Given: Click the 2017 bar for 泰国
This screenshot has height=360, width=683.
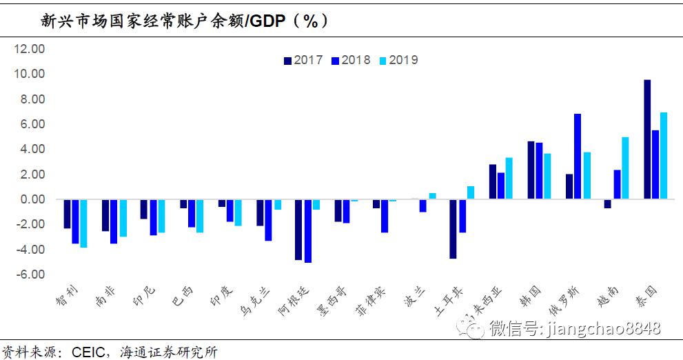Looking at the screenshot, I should pyautogui.click(x=647, y=139).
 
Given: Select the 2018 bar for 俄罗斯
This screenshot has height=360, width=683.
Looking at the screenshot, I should pyautogui.click(x=578, y=157).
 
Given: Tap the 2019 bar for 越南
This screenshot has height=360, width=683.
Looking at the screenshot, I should pyautogui.click(x=624, y=168).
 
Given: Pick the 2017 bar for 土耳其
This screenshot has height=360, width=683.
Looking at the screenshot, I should pyautogui.click(x=453, y=229).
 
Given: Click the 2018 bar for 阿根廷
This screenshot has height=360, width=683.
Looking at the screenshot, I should pyautogui.click(x=307, y=231).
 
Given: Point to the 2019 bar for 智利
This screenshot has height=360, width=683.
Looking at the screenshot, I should pyautogui.click(x=83, y=223).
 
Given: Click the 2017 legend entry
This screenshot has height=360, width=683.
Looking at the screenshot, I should pyautogui.click(x=303, y=60).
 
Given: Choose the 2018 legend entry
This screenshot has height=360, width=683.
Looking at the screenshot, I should pyautogui.click(x=351, y=60).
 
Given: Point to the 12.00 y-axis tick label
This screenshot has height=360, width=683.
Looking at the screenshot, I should pyautogui.click(x=30, y=49).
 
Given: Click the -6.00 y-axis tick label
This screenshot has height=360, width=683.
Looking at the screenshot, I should pyautogui.click(x=30, y=274).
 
